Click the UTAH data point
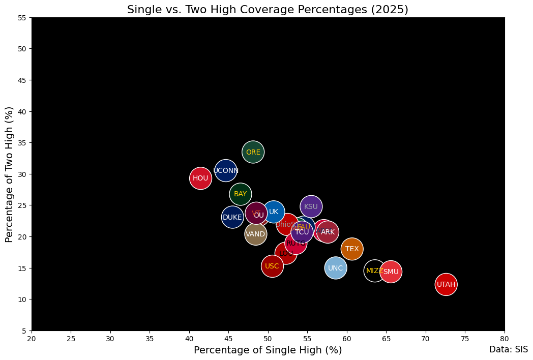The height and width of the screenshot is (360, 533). [x=446, y=284]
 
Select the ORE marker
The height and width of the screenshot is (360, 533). [x=253, y=152]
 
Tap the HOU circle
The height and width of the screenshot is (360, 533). [x=200, y=178]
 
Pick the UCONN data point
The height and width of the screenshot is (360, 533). [x=226, y=170]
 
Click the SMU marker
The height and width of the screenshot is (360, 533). [x=391, y=272]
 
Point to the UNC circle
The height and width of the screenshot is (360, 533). [x=335, y=268]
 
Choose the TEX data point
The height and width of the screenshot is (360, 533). [x=352, y=249]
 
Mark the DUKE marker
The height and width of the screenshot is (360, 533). [x=232, y=217]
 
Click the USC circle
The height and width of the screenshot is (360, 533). [x=272, y=266]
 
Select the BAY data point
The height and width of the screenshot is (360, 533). [x=240, y=194]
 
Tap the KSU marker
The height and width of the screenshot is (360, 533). [x=311, y=206]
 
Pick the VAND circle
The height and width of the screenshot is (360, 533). [x=255, y=234]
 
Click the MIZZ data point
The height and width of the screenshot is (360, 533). [x=375, y=271]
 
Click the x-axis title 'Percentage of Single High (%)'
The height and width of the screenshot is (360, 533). [x=268, y=350]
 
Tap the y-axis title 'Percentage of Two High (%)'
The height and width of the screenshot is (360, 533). [x=10, y=174]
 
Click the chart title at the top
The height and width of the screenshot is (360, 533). [x=268, y=10]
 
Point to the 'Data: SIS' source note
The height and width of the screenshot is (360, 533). [x=508, y=349]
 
